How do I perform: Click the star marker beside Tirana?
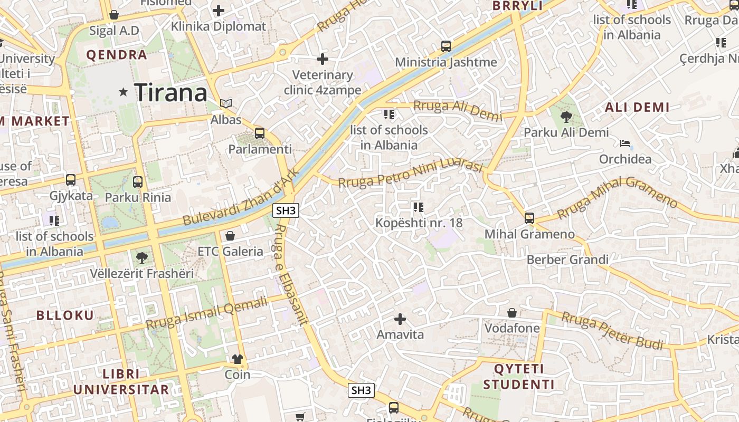124,92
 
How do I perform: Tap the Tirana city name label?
171,93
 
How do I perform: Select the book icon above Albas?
226,103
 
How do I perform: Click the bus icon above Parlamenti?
259,133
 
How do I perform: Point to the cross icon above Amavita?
400,319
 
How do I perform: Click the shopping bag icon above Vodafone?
511,312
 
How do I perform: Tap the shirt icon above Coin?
238,359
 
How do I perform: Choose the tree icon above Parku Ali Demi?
566,116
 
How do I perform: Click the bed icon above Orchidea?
625,143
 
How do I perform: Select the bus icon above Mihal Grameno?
529,218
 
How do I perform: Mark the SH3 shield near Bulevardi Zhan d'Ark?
286,210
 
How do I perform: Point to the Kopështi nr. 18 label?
419,223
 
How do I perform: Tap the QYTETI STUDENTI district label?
519,376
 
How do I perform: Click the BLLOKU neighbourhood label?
65,315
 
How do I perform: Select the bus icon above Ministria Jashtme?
446,46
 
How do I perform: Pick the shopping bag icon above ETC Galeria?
230,235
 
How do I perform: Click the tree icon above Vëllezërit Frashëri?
141,257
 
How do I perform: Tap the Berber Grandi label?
567,260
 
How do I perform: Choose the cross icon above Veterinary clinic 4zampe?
323,59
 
